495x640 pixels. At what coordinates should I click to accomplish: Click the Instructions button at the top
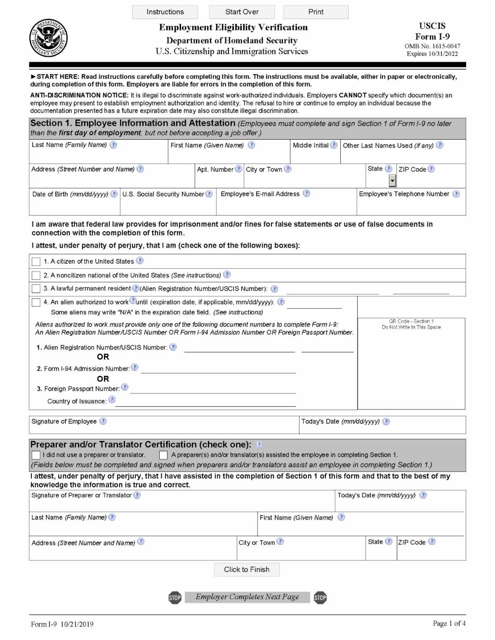165,12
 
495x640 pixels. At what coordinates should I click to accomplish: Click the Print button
316,12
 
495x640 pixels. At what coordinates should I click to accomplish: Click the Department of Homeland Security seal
48,38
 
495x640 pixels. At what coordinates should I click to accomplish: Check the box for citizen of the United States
36,262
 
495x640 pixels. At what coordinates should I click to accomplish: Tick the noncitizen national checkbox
36,275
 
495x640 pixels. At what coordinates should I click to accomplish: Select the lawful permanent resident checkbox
36,288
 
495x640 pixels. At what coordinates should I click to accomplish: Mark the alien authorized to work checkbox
36,302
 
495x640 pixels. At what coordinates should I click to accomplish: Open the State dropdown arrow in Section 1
392,181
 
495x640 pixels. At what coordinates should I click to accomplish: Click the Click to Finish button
247,570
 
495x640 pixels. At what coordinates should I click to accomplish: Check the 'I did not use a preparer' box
36,455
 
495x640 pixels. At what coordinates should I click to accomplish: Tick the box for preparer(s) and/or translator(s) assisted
164,455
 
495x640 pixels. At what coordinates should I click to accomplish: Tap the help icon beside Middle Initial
334,145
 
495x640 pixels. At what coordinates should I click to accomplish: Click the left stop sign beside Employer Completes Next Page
175,598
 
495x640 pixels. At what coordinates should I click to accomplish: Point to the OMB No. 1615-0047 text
432,46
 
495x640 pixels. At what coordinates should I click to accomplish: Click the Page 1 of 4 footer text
449,624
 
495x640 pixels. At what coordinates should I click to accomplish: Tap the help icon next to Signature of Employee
103,421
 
